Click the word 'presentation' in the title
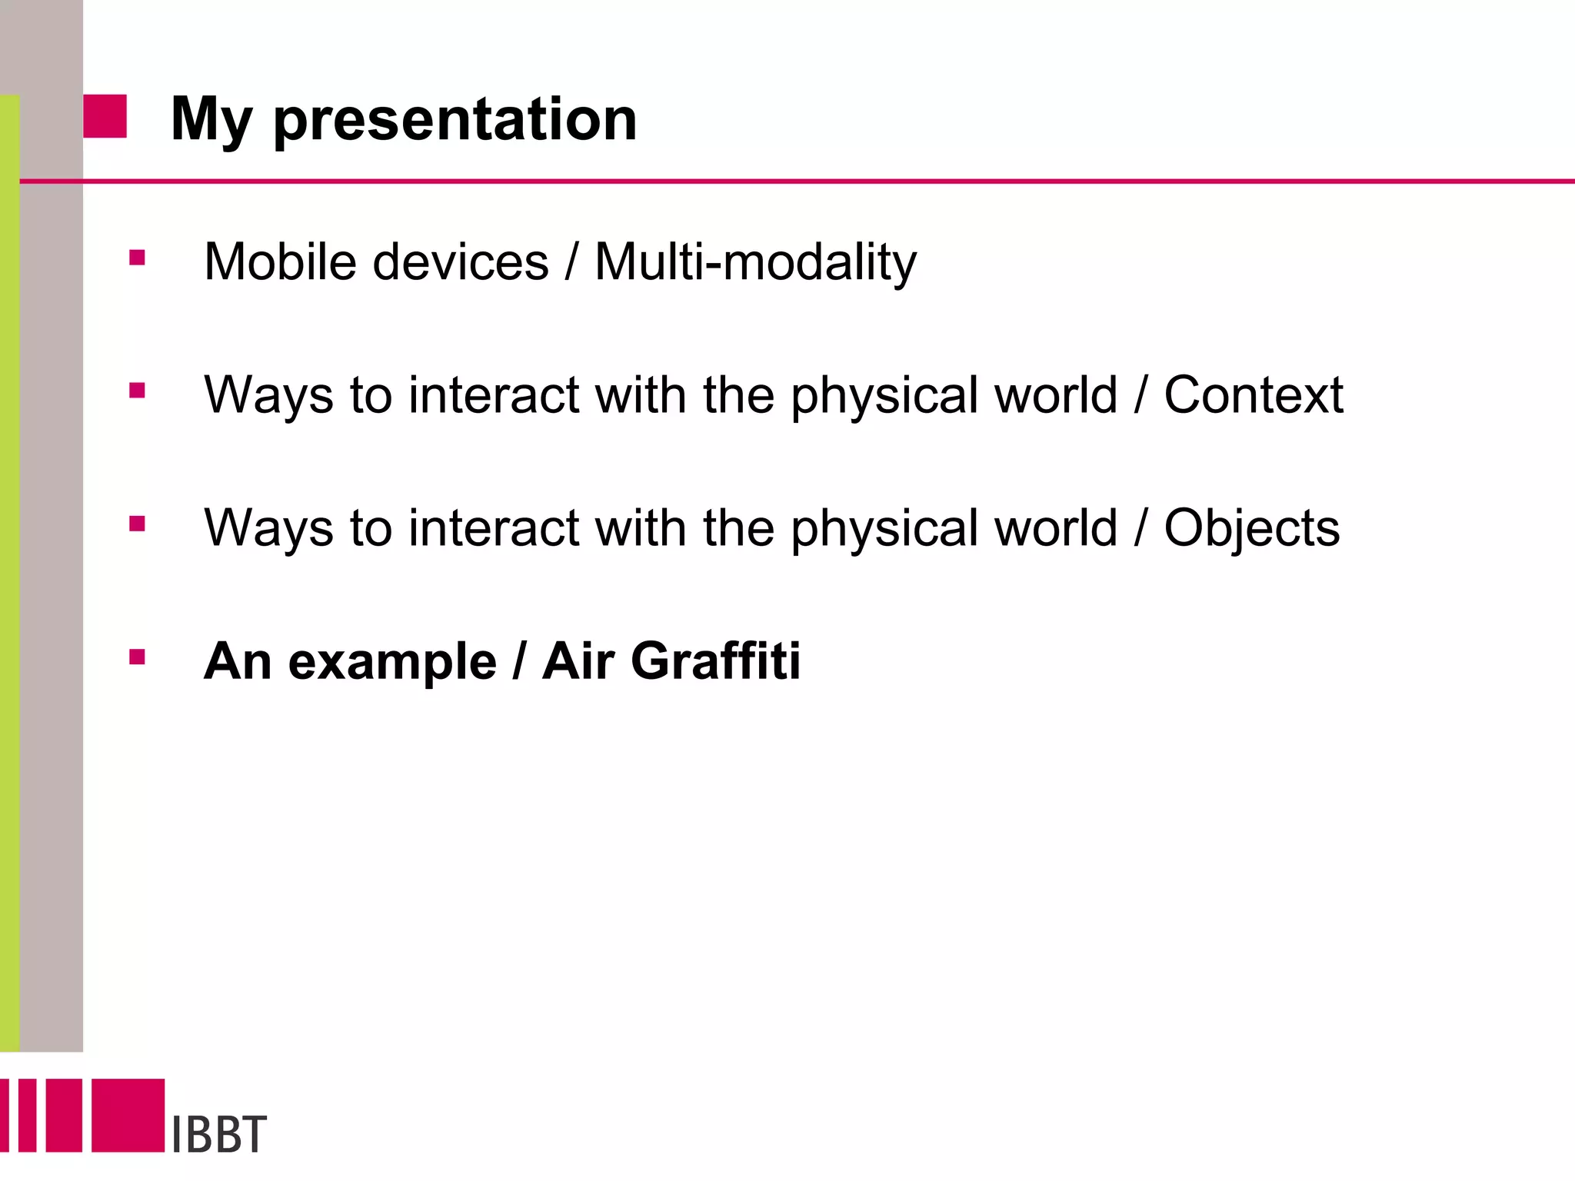[455, 120]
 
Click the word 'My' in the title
[211, 120]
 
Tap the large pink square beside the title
[105, 116]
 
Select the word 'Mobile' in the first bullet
[280, 262]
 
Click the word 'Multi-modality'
[755, 262]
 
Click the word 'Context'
[1253, 395]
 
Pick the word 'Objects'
[1251, 528]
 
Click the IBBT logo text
[218, 1134]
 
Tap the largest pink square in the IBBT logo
[128, 1115]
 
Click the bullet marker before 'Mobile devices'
[138, 258]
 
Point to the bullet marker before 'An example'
[138, 657]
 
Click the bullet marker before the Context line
[138, 391]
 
